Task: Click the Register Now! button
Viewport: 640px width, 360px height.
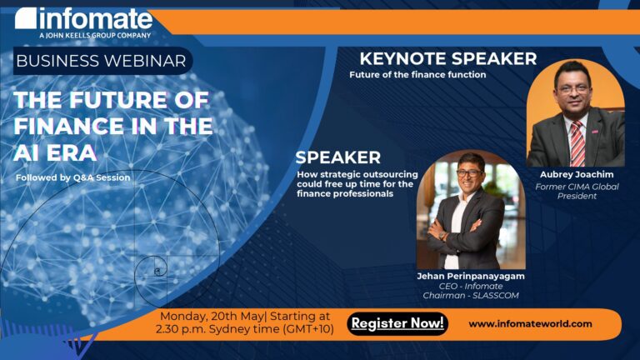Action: point(397,323)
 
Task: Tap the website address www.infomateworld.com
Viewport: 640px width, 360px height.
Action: point(530,323)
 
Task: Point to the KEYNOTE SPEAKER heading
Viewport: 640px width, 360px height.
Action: point(447,58)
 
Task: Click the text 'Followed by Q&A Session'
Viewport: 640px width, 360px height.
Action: point(72,177)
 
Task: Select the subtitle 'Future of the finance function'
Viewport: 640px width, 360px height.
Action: point(417,75)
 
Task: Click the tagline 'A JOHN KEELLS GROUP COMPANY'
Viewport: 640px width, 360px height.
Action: point(95,35)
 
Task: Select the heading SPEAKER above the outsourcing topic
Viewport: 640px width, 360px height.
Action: point(337,157)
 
